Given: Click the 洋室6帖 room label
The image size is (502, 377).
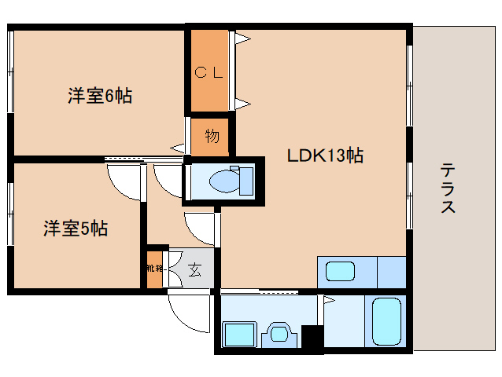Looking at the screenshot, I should tap(99, 97).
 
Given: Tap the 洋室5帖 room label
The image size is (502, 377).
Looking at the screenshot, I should tap(76, 229).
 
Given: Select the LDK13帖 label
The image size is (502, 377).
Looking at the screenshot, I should tap(323, 156).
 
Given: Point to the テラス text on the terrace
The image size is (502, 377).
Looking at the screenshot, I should tap(447, 188).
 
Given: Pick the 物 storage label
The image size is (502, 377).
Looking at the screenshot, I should tap(211, 136).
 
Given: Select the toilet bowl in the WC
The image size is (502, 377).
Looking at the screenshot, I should tap(222, 182).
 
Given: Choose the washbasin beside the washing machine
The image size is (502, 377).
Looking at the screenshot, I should tap(279, 334).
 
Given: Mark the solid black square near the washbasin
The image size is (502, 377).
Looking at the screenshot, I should tap(312, 339).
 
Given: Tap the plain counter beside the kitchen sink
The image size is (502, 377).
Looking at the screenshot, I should tap(390, 273).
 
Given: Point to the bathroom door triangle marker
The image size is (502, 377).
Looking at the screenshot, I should tap(321, 298).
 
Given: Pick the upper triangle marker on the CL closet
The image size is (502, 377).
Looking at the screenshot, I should tap(244, 36).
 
